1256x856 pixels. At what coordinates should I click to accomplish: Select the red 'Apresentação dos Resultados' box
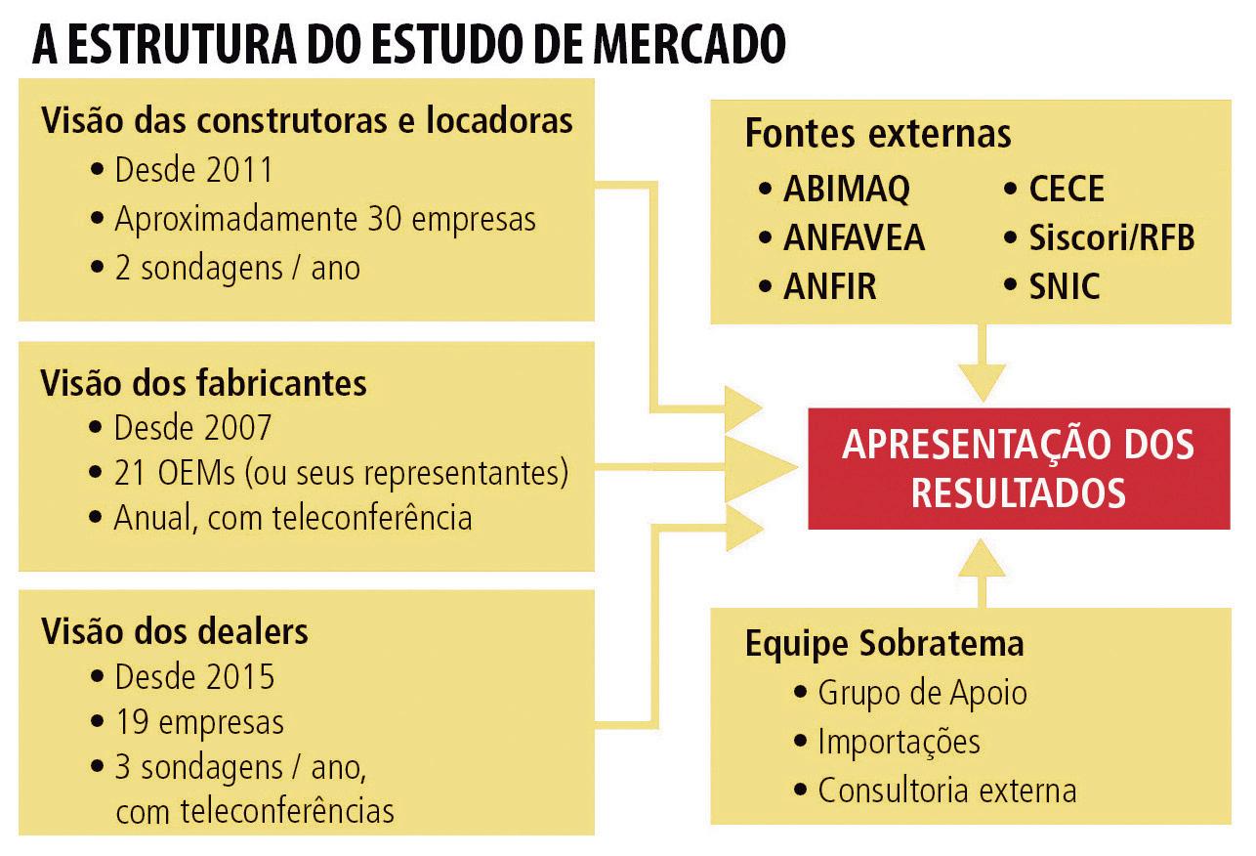point(1018,468)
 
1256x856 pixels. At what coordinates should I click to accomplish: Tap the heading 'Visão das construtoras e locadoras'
point(306,121)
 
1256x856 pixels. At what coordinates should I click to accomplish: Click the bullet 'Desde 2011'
point(192,170)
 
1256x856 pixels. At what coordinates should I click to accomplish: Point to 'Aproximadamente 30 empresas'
point(324,219)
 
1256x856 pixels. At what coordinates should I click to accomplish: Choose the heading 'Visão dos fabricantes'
point(203,383)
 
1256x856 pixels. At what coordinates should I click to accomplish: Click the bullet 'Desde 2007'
point(192,427)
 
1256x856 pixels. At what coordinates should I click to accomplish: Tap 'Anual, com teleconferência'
point(292,517)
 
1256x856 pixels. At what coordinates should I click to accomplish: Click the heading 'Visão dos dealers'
point(174,631)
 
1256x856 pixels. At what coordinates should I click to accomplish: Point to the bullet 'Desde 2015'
point(193,676)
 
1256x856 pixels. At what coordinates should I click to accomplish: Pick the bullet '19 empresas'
point(198,722)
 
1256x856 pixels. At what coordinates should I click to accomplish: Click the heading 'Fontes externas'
point(877,134)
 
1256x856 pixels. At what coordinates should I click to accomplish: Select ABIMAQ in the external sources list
point(846,189)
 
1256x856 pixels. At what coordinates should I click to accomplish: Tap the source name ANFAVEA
point(853,237)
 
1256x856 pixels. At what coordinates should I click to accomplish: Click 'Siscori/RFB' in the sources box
point(1111,237)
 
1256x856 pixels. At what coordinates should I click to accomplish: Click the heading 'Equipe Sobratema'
point(884,643)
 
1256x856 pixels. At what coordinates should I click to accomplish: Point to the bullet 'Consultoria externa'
point(946,790)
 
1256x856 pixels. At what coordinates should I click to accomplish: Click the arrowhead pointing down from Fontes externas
point(982,375)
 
